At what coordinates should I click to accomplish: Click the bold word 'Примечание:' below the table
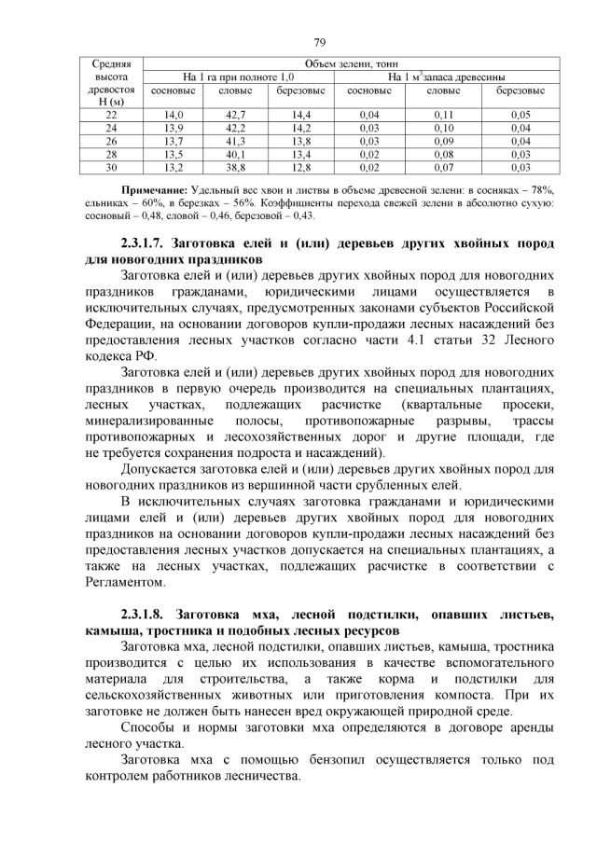155,189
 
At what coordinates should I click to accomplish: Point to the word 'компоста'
470,696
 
